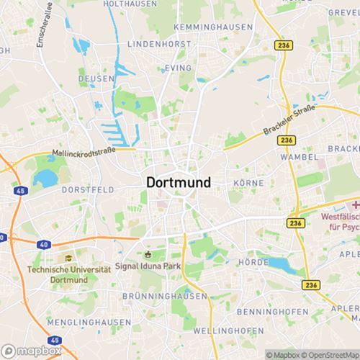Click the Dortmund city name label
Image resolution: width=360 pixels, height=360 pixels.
point(179,183)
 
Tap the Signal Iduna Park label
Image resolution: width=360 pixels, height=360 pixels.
point(162,266)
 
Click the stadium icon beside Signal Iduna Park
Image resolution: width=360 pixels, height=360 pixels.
point(148,253)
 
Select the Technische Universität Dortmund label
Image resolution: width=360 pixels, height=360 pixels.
point(69,273)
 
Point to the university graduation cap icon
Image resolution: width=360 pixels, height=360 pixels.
point(68,258)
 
